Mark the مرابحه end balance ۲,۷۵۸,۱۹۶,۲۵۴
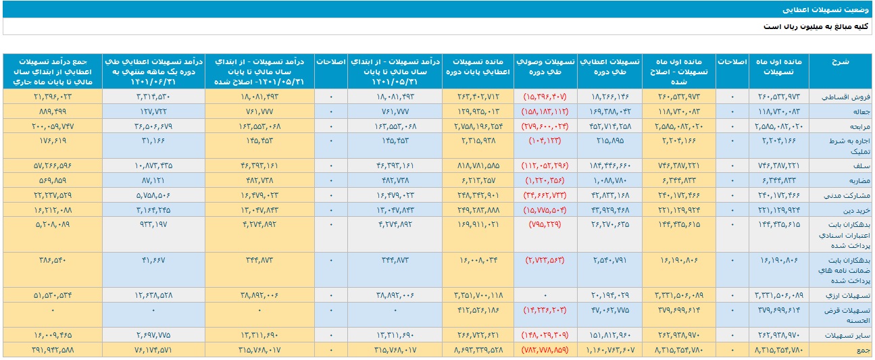(x=472, y=126)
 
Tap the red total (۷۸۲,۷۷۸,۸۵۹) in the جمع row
(x=545, y=350)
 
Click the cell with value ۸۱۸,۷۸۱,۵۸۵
(x=476, y=165)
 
